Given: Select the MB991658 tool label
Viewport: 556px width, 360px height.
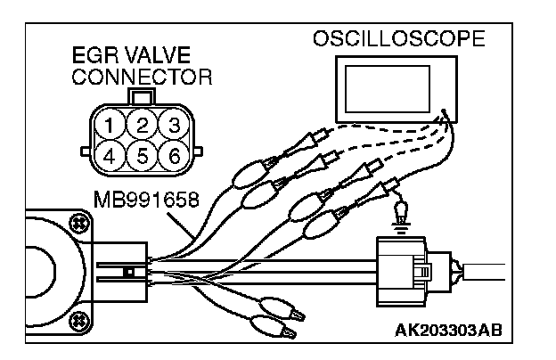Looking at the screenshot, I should pyautogui.click(x=144, y=197).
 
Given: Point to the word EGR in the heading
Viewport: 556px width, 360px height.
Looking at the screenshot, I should pyautogui.click(x=89, y=59).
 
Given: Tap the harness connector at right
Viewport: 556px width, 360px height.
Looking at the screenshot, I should pyautogui.click(x=410, y=265).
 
